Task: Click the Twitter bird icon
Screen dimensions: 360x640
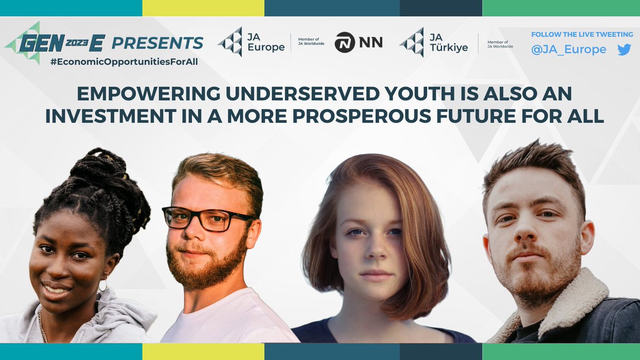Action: (x=623, y=50)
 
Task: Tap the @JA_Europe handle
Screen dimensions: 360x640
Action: (x=569, y=50)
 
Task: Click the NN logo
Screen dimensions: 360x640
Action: (x=358, y=43)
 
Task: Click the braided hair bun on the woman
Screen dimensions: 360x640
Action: (x=99, y=171)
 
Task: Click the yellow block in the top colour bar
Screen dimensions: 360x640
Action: (x=203, y=8)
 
